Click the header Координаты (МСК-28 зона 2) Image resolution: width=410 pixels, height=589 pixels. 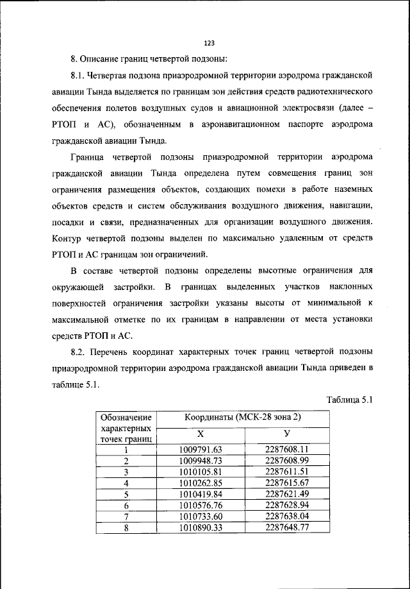tap(243, 418)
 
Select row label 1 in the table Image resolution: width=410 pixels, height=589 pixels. tap(126, 450)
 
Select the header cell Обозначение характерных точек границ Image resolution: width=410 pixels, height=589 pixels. tap(126, 428)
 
